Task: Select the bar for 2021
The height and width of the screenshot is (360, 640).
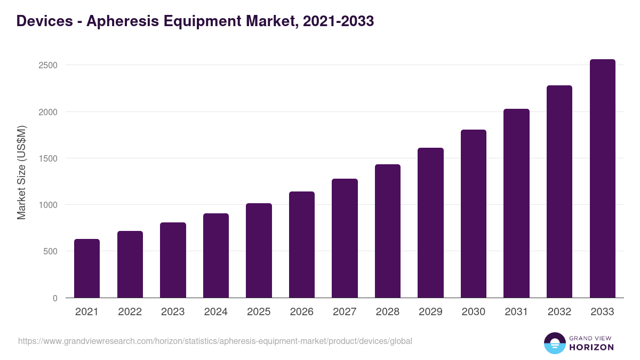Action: [87, 268]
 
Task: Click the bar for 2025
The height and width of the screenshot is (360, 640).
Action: [259, 251]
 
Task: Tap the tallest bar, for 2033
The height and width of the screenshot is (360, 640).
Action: [602, 179]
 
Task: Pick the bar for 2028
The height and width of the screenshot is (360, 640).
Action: [388, 231]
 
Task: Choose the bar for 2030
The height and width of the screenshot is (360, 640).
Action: [474, 213]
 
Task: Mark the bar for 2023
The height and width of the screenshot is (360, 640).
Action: [173, 260]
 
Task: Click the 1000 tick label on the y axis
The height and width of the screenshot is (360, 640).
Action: [47, 205]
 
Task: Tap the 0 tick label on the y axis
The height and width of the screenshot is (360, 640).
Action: [55, 298]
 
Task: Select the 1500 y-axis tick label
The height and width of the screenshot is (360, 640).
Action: [47, 158]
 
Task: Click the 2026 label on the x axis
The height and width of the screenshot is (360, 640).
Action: [302, 312]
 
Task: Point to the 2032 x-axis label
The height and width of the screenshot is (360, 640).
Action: [559, 312]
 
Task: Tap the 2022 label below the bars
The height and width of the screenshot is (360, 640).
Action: [130, 312]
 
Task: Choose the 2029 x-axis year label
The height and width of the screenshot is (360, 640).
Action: [430, 312]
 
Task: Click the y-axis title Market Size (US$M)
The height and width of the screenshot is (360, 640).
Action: [21, 172]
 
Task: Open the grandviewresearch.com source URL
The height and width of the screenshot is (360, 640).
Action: [215, 341]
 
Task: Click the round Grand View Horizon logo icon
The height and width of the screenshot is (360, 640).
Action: [555, 343]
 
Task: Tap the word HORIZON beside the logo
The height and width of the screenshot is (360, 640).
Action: [591, 347]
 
